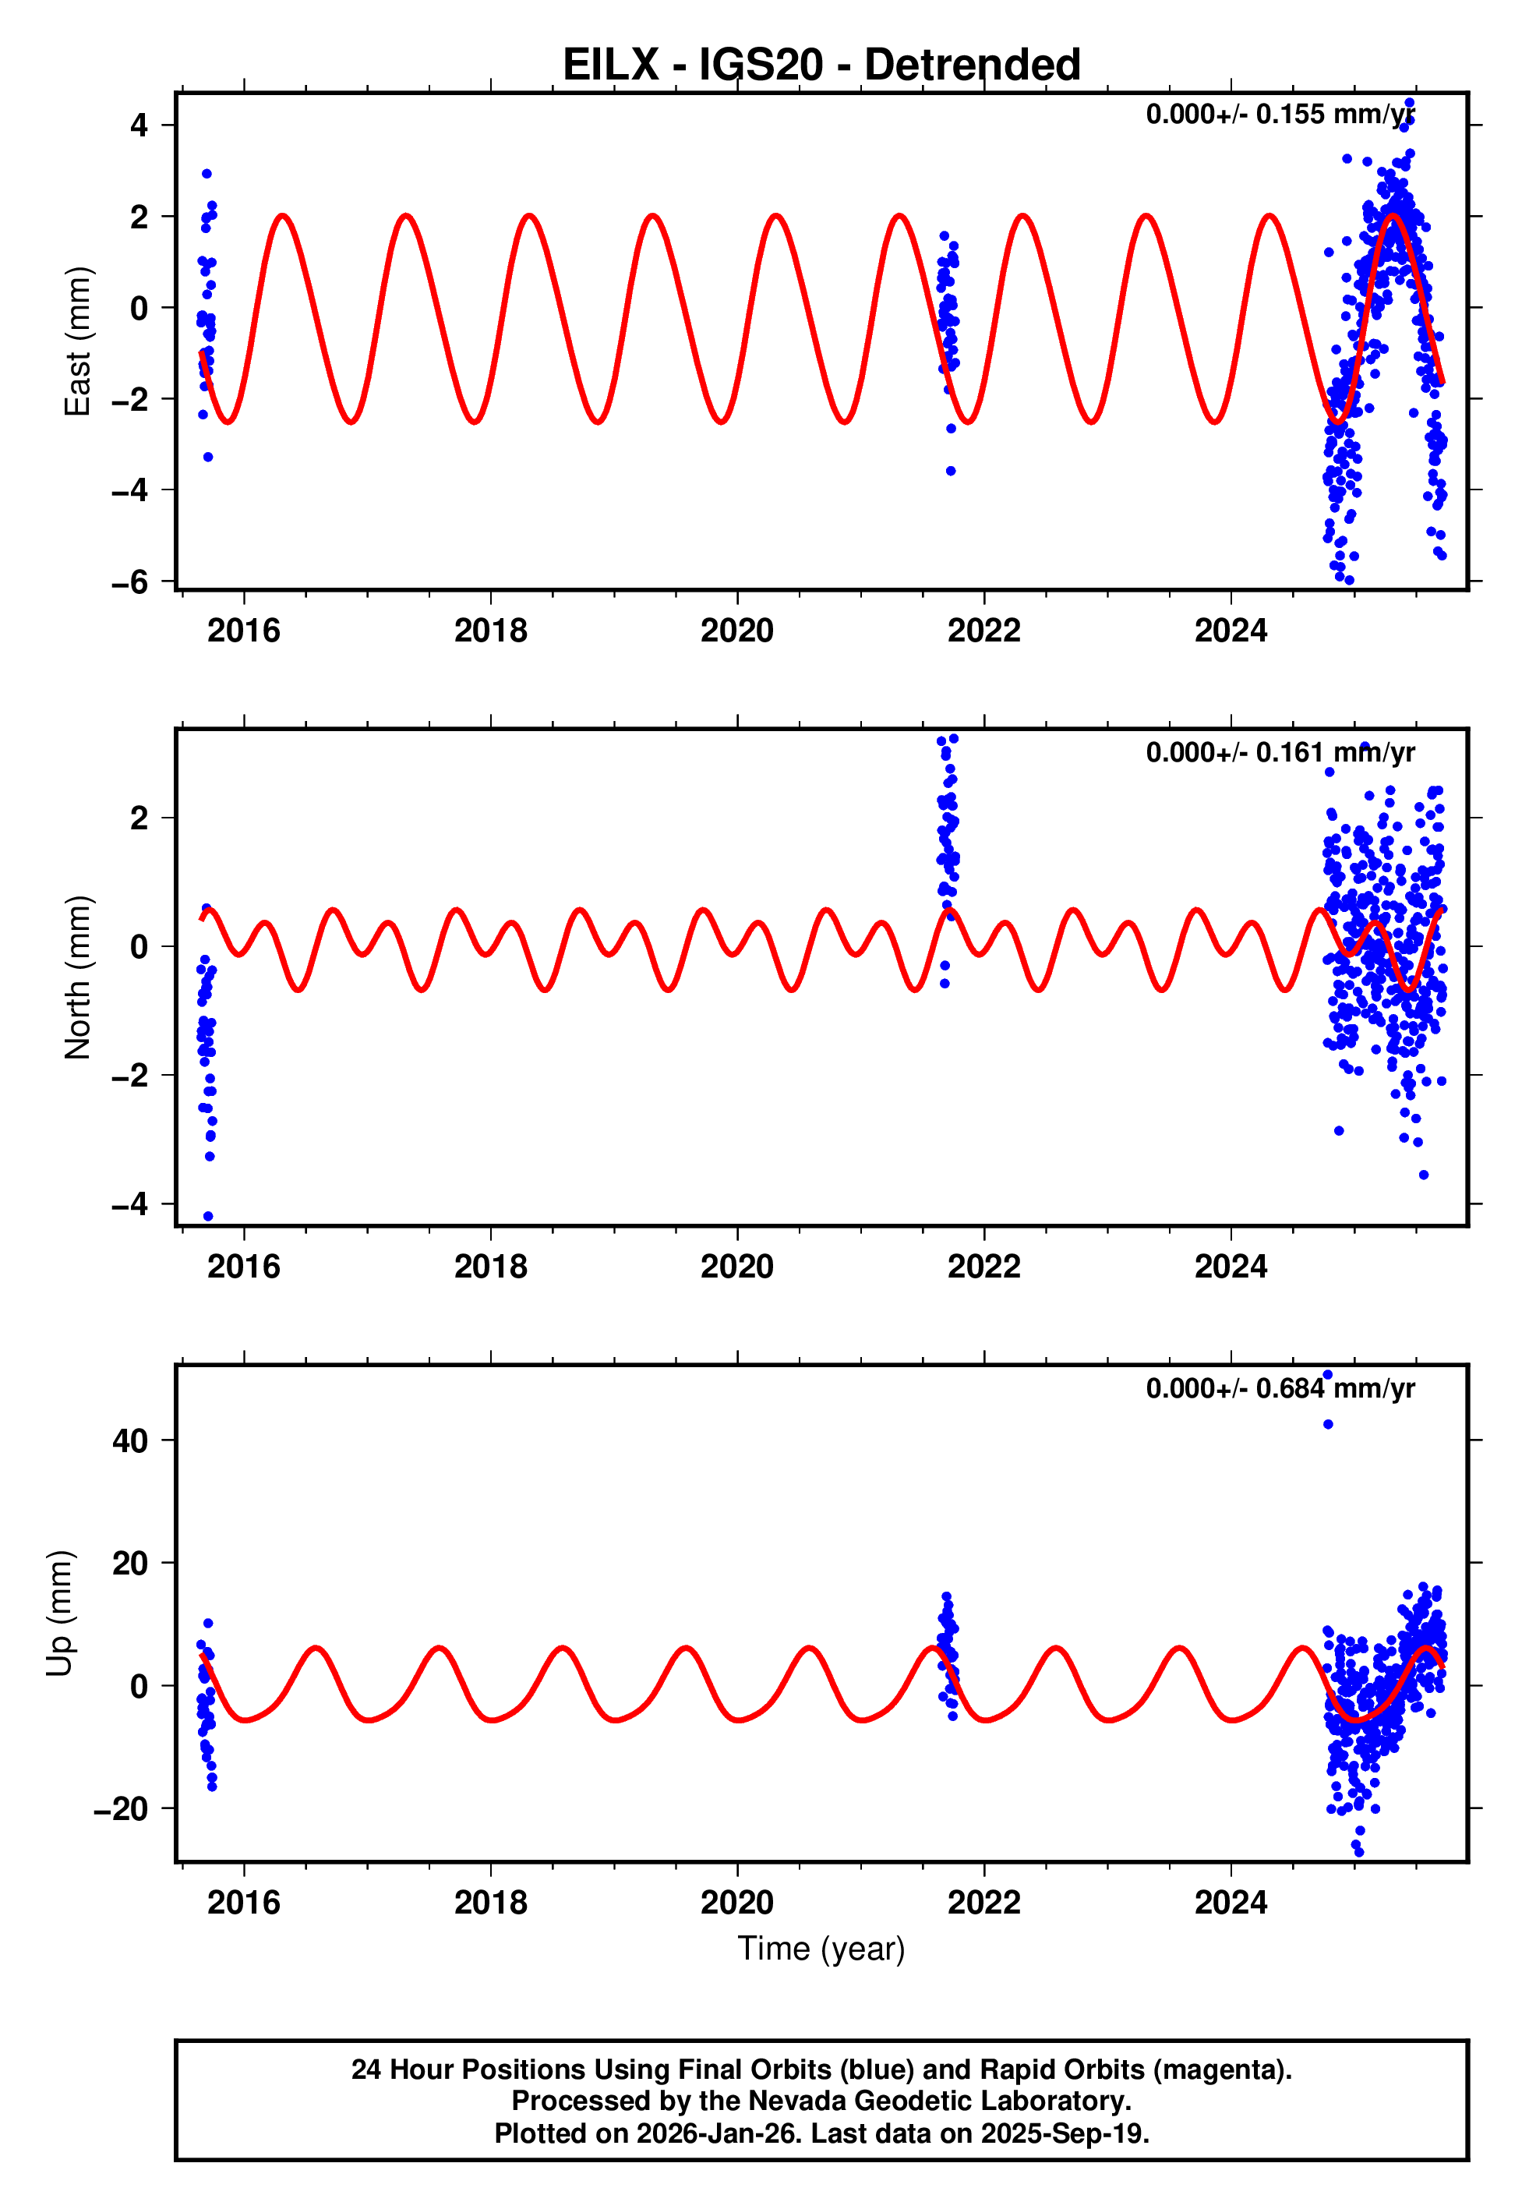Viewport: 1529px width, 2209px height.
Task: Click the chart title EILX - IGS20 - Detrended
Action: click(x=821, y=65)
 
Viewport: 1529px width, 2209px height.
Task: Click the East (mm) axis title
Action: click(x=76, y=341)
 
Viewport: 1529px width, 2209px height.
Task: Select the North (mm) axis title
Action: click(x=76, y=977)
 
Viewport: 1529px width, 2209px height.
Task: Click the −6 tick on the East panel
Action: click(x=130, y=581)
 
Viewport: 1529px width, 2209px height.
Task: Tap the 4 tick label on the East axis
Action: click(x=139, y=125)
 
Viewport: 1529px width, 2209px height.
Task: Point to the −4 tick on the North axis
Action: click(x=130, y=1203)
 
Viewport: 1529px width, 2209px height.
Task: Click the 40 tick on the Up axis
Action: click(x=130, y=1440)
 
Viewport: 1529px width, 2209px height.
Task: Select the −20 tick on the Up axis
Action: click(x=121, y=1808)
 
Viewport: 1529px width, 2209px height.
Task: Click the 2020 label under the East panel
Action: click(x=736, y=631)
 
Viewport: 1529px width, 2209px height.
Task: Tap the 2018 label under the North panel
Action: click(x=490, y=1267)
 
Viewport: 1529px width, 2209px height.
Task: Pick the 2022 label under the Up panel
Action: click(x=984, y=1902)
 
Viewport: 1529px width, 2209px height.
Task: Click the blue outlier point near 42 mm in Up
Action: click(x=1328, y=1424)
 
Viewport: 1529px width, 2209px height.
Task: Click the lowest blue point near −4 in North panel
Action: click(x=208, y=1216)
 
